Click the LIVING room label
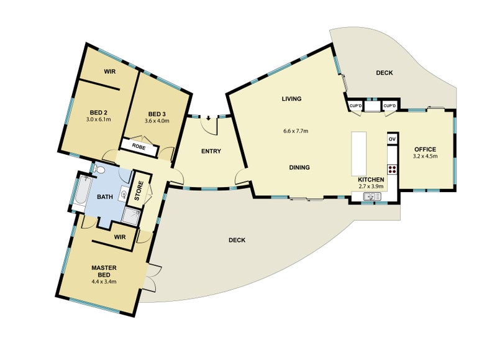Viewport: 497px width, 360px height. pyautogui.click(x=291, y=99)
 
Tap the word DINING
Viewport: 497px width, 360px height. pyautogui.click(x=299, y=167)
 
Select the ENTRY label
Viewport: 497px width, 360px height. pyautogui.click(x=211, y=151)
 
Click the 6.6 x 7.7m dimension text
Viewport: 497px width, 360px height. pyautogui.click(x=296, y=131)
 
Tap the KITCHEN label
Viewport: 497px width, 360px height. pyautogui.click(x=371, y=180)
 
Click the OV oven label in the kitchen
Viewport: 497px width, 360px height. pyautogui.click(x=392, y=139)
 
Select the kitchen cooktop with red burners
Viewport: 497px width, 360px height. pyautogui.click(x=392, y=168)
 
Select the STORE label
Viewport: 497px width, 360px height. pyautogui.click(x=140, y=191)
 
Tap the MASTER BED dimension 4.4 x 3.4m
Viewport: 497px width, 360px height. pyautogui.click(x=104, y=281)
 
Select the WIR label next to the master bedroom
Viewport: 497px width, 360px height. pyautogui.click(x=121, y=236)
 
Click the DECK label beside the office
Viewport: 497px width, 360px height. pyautogui.click(x=385, y=73)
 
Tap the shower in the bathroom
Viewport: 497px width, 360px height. pyautogui.click(x=131, y=216)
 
